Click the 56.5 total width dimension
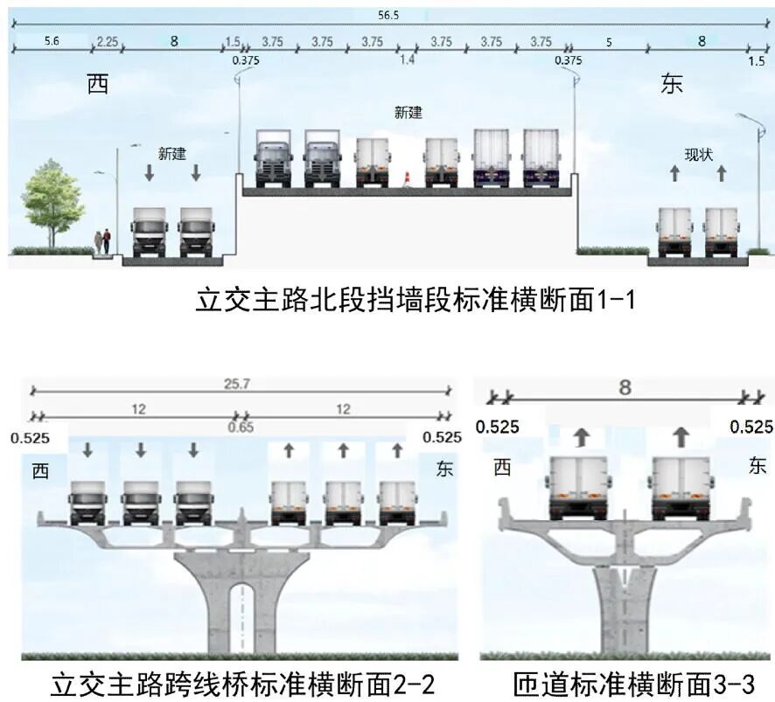387,15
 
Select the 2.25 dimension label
108,41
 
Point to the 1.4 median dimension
407,59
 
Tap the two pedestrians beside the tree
102,240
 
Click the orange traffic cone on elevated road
406,179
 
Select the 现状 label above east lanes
698,155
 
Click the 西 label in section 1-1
98,85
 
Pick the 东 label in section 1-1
672,85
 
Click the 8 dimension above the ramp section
625,387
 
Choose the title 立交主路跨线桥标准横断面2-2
244,682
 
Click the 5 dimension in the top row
609,41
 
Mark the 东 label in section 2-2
444,469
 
